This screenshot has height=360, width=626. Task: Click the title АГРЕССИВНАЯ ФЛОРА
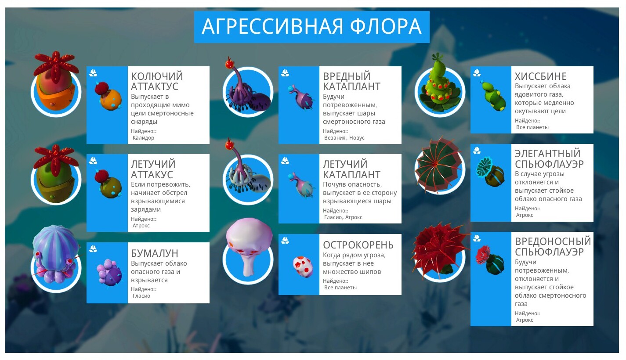[311, 26]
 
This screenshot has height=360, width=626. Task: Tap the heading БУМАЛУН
[155, 253]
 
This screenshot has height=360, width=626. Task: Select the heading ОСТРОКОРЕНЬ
[358, 245]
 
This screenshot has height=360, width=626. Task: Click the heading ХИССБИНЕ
[540, 76]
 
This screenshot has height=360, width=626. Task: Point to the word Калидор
[143, 138]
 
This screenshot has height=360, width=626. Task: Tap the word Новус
[357, 138]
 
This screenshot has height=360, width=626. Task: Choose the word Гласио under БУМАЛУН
[141, 296]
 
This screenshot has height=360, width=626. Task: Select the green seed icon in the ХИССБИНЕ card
[493, 96]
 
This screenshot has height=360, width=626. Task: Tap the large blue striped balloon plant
[56, 253]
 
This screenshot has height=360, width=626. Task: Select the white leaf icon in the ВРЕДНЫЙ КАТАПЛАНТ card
[285, 73]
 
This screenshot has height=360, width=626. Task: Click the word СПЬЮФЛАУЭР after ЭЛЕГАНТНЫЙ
[549, 164]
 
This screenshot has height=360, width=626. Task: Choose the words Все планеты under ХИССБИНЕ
[532, 127]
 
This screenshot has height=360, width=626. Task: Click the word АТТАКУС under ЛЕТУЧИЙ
[152, 175]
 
